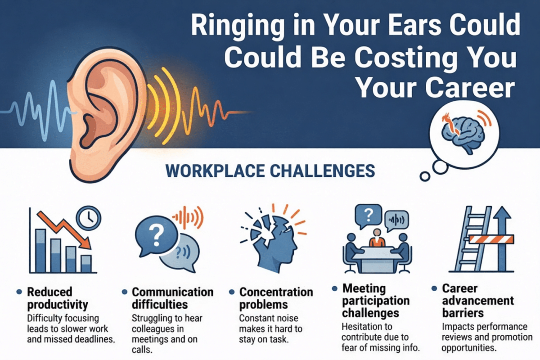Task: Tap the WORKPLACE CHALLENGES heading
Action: click(x=270, y=171)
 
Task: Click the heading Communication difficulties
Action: click(x=173, y=298)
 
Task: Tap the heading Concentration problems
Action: click(x=276, y=298)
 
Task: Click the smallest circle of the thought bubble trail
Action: click(x=423, y=175)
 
